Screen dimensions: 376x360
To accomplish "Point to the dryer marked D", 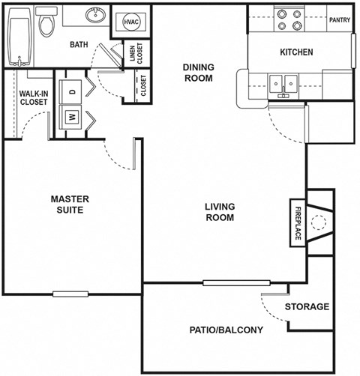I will pos(73,91).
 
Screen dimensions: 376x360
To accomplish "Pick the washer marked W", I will pos(73,117).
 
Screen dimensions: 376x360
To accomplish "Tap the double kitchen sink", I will pos(285,82).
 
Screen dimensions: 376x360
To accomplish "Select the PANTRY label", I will pos(338,20).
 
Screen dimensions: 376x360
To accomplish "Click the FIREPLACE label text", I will pos(298,222).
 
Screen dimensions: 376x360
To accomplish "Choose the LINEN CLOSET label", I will pos(137,52).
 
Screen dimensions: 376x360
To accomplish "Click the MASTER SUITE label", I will pos(70,204).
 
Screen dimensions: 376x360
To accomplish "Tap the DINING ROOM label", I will pos(198,72).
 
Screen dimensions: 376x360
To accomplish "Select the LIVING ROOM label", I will pos(220,212).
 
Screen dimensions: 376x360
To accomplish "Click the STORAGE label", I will pos(307,306).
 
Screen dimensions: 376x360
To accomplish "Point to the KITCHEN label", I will pos(296,52).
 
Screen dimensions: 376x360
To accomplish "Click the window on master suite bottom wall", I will pos(70,293).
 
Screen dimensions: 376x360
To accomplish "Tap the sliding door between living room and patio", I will pos(236,282).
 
